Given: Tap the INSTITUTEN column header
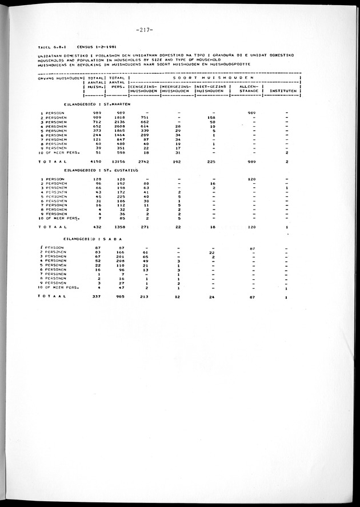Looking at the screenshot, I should tap(283, 90).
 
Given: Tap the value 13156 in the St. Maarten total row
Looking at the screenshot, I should tap(117, 162).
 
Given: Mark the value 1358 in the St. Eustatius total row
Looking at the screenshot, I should tap(118, 227).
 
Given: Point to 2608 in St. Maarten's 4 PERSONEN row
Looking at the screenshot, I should tap(118, 126).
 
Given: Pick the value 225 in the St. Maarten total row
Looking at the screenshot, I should tap(211, 162).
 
